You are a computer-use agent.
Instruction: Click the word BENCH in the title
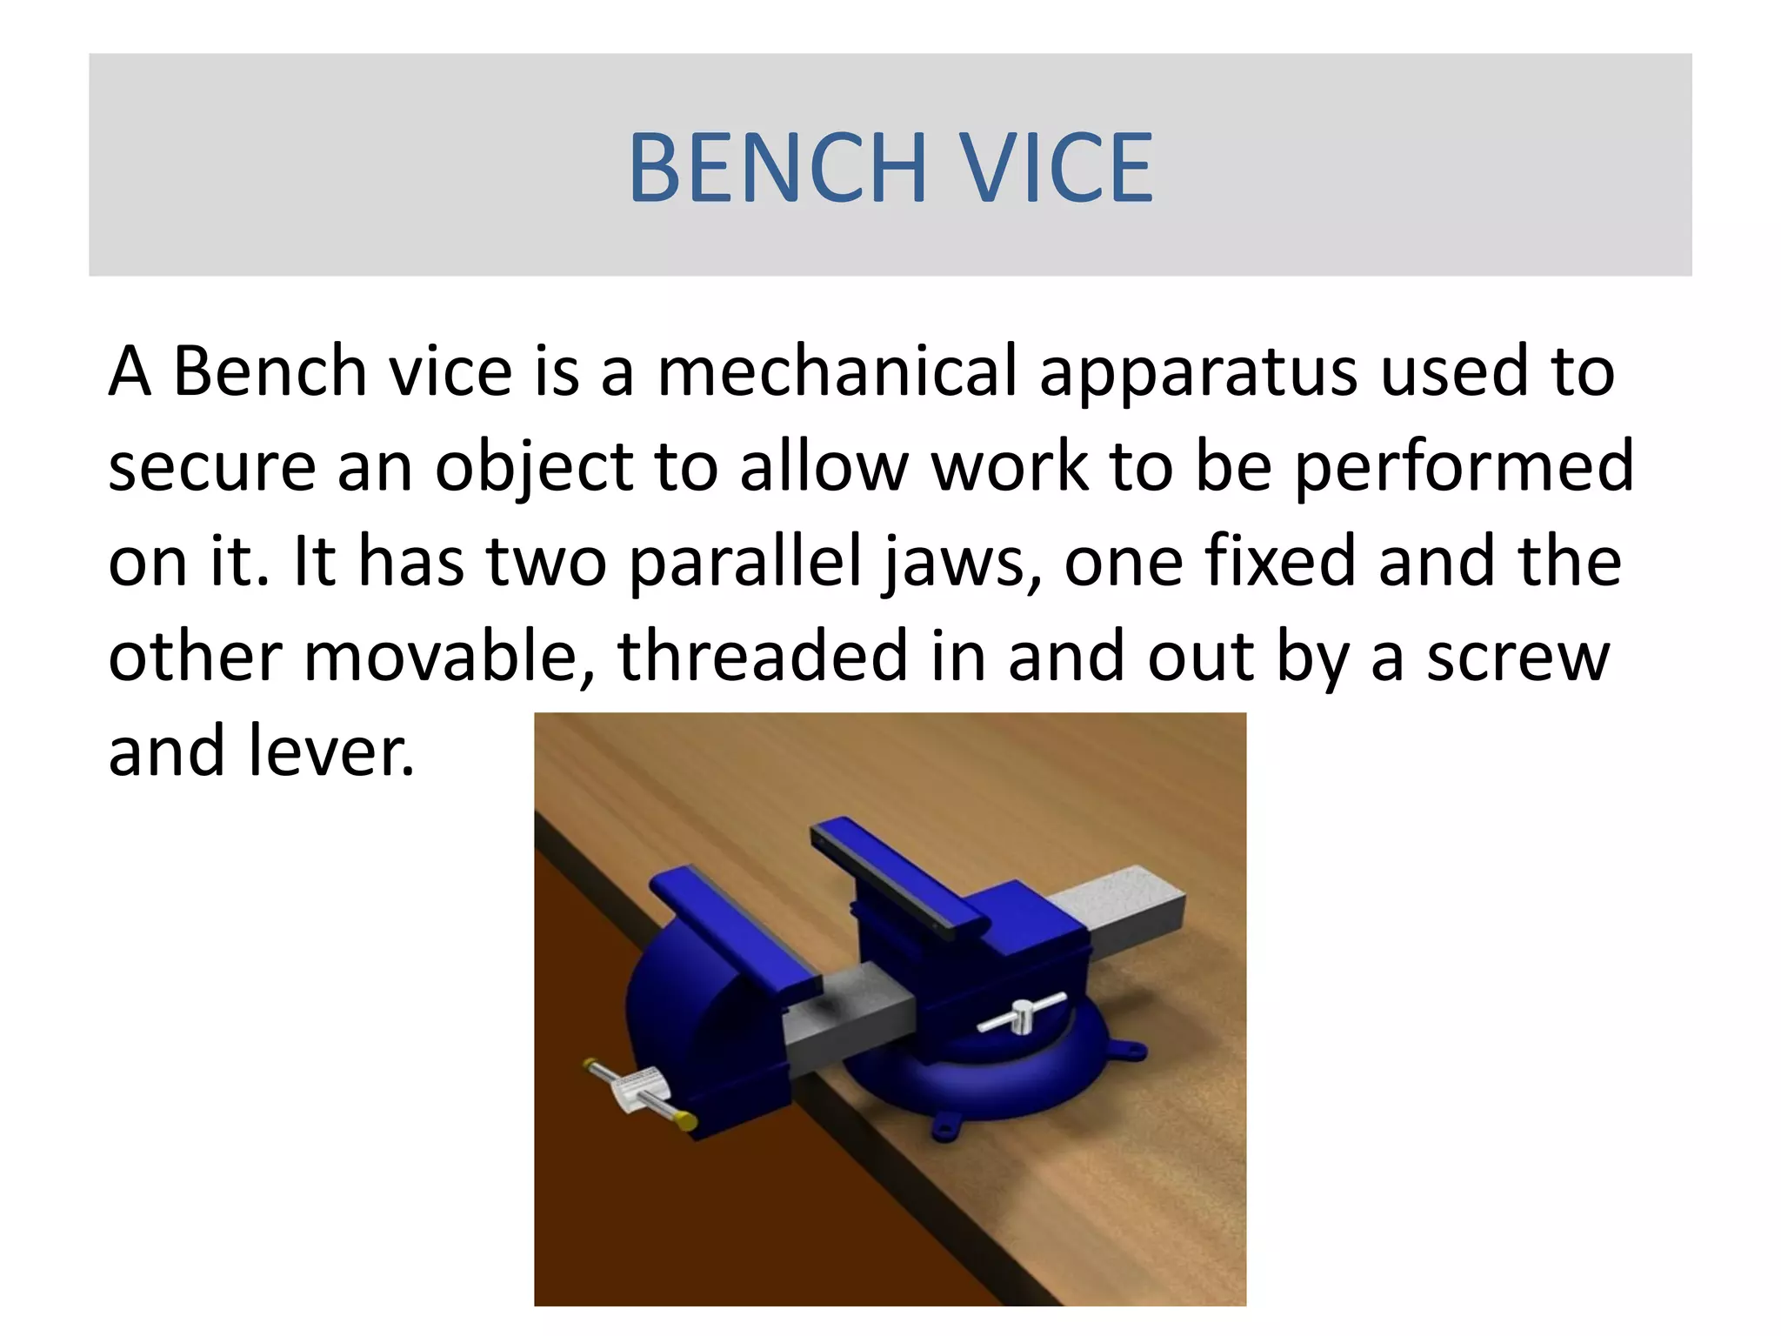777,167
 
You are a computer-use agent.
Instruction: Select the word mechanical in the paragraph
836,372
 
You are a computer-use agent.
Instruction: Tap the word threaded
763,658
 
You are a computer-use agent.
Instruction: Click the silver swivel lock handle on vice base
1022,1013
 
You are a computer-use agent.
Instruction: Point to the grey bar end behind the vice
1131,909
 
